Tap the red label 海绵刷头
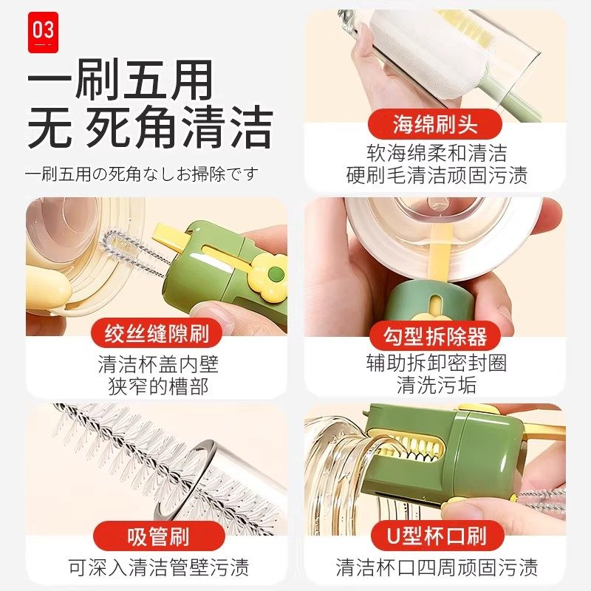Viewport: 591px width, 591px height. pos(436,123)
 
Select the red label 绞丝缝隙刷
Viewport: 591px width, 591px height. pos(157,335)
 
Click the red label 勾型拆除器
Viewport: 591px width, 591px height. pos(436,336)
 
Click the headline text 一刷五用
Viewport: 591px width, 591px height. pos(120,79)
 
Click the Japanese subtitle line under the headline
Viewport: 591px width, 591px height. pos(142,174)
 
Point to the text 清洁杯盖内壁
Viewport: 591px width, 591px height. pos(158,364)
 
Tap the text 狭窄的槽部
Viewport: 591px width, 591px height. pos(158,387)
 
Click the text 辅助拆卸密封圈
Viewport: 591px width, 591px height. pos(436,363)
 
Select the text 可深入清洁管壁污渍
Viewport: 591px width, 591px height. pos(158,567)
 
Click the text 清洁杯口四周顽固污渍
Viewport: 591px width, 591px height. pos(436,567)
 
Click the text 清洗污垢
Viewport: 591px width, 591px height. pos(436,386)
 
